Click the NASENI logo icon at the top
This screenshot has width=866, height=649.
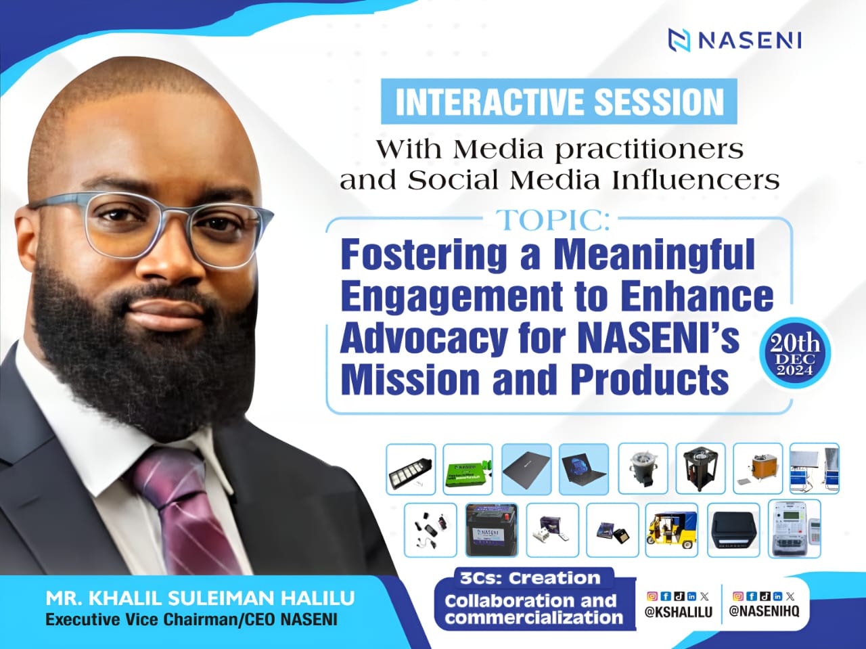[679, 40]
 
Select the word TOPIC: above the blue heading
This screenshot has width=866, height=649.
[551, 221]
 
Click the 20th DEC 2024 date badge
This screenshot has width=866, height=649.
[794, 353]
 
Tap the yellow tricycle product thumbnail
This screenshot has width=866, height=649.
[672, 530]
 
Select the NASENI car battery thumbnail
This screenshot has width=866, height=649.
[492, 530]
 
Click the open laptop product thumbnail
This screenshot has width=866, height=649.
[583, 469]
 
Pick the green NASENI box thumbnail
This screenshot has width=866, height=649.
[468, 469]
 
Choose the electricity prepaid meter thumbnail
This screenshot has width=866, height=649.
[794, 529]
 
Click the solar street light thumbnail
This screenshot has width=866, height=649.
[411, 469]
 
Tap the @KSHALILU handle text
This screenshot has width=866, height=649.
[679, 612]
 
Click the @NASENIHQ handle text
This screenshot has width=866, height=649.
[765, 611]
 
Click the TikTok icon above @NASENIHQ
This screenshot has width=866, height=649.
[765, 596]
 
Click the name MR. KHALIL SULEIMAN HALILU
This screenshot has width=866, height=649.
[200, 598]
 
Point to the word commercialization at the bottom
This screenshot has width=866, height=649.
[533, 617]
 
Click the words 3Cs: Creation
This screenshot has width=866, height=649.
[530, 578]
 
